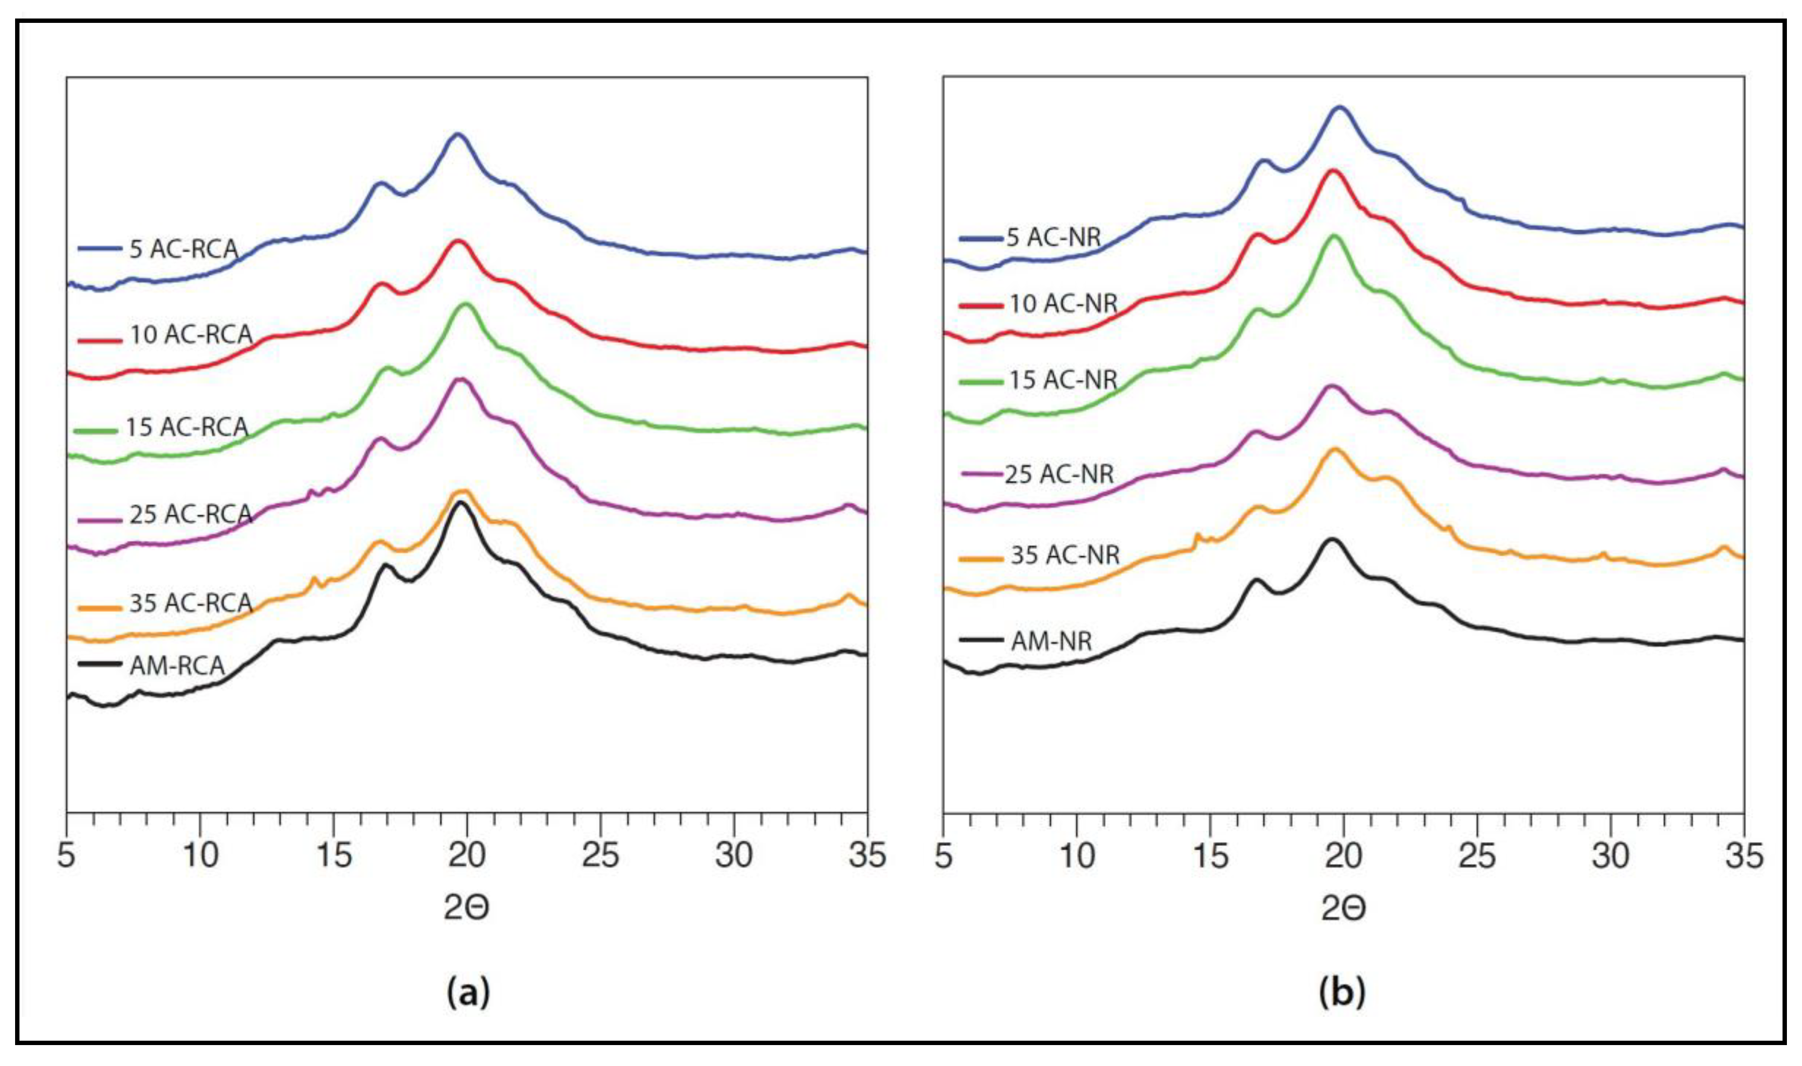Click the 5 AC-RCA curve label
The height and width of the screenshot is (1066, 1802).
click(183, 249)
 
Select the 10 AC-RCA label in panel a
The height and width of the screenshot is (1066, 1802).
click(190, 335)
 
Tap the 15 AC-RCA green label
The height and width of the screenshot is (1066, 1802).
click(187, 427)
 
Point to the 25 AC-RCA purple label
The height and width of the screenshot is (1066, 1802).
click(190, 515)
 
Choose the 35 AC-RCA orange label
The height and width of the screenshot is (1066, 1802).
click(190, 603)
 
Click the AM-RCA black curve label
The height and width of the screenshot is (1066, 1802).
click(177, 666)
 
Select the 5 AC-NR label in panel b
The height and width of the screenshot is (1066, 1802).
click(1053, 237)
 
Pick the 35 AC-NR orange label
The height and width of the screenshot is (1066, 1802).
click(1065, 555)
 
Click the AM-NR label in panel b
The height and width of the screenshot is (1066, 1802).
click(1051, 641)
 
